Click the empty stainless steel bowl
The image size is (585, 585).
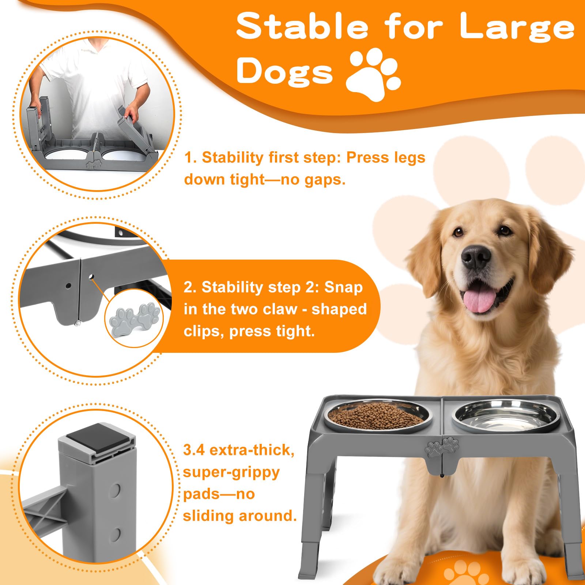pyautogui.click(x=505, y=415)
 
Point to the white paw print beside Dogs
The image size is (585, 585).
pyautogui.click(x=373, y=75)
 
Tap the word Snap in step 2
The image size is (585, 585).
pyautogui.click(x=343, y=287)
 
